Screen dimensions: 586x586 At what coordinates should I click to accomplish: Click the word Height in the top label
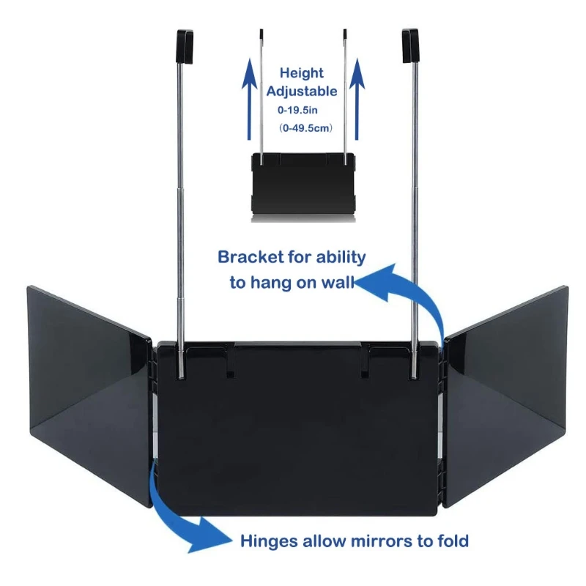[x=302, y=73]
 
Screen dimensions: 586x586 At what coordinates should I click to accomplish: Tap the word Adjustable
[x=302, y=92]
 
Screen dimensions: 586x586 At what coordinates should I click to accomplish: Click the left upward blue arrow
[x=249, y=99]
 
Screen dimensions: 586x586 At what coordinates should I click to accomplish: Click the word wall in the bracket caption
[x=335, y=283]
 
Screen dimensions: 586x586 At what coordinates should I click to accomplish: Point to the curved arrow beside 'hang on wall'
[x=414, y=297]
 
